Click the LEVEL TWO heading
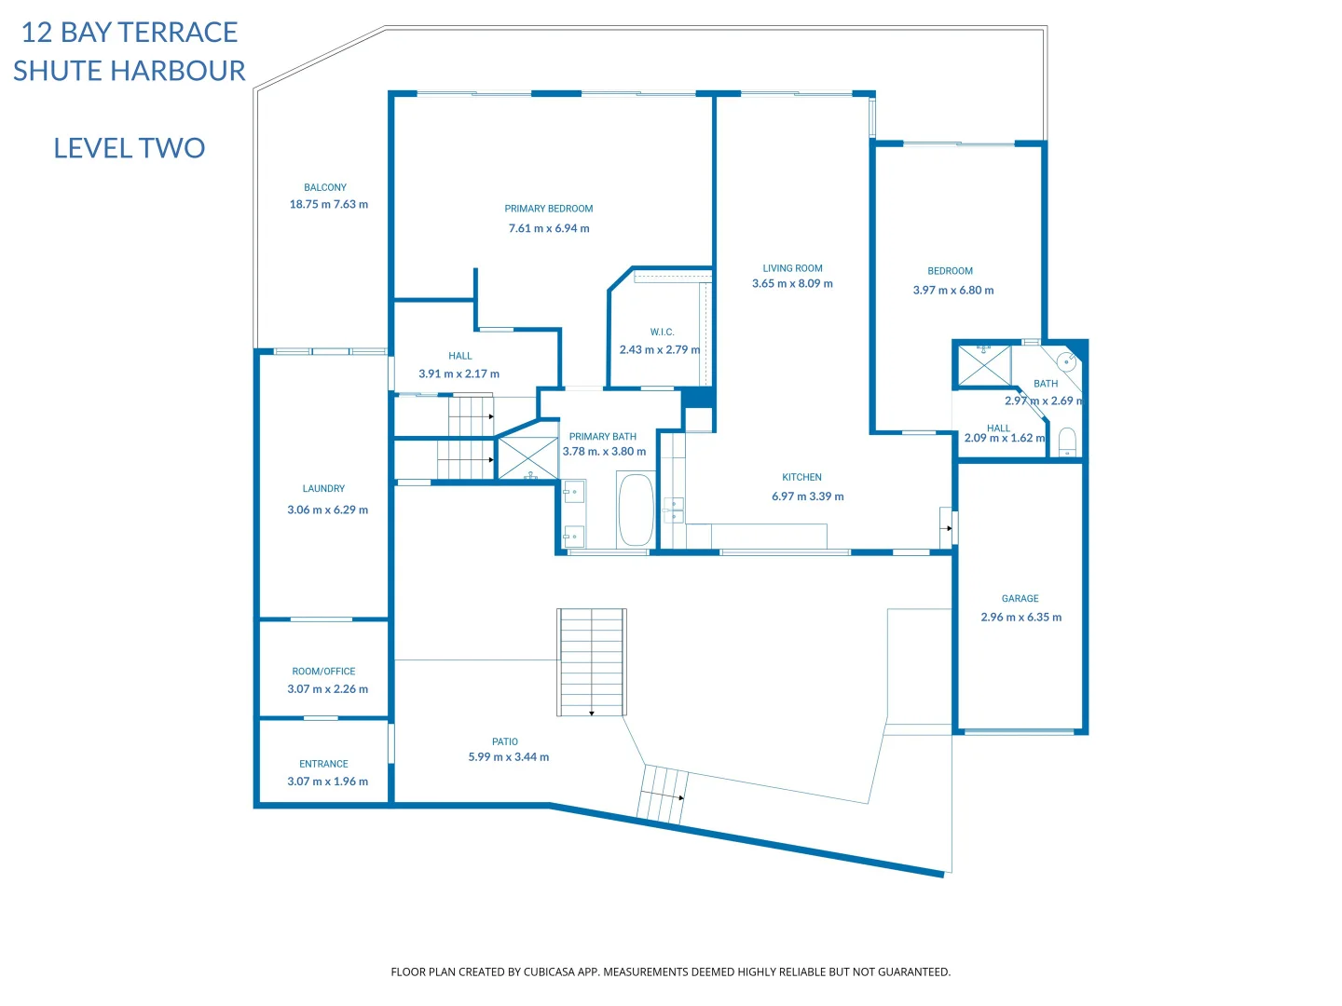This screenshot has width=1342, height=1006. point(129,148)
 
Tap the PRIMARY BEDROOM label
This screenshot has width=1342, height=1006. point(548,209)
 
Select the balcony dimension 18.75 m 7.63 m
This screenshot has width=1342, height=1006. point(328,204)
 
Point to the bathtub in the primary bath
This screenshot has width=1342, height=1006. point(636,510)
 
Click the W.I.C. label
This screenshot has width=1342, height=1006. point(662,332)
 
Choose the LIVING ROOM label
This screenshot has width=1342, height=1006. point(792,268)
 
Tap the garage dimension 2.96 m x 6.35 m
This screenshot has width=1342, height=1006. point(1020,617)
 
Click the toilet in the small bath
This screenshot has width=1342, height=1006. point(1067,441)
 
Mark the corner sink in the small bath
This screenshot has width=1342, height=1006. point(1066,361)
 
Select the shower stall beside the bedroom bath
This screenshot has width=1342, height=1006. point(984,365)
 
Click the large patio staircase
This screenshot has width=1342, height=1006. point(591,661)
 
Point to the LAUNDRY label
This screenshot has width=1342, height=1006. point(323,488)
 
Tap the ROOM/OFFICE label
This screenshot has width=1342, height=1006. point(323,671)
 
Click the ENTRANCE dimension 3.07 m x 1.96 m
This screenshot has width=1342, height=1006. point(328,781)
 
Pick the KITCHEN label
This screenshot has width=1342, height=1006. point(801,477)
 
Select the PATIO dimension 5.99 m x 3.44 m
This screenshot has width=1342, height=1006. point(508,756)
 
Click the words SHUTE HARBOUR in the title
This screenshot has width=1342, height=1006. point(129,71)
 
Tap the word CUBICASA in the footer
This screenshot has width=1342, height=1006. point(549,972)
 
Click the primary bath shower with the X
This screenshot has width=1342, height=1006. point(527,458)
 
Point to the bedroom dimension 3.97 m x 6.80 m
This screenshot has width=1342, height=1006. point(953,290)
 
